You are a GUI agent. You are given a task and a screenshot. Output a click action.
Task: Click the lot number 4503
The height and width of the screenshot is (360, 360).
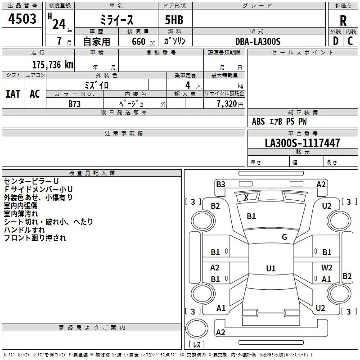click(22, 20)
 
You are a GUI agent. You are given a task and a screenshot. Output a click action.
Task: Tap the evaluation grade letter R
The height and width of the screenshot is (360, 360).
click(343, 21)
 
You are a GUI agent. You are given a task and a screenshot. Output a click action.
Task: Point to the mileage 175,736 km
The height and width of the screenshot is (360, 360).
click(53, 64)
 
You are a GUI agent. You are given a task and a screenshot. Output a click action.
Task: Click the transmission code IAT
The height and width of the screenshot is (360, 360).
click(13, 94)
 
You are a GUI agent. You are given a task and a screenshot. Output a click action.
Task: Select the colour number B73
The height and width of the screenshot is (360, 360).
click(75, 103)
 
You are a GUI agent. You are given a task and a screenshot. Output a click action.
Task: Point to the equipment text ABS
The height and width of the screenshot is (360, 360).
click(258, 121)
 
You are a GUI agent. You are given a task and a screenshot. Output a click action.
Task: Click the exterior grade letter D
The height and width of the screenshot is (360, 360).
click(335, 41)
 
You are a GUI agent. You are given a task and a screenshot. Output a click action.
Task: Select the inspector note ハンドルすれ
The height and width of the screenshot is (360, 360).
click(22, 230)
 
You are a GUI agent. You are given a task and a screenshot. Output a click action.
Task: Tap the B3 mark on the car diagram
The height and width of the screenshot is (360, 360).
click(220, 184)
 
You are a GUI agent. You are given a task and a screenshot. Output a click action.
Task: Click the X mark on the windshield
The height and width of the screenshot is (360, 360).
click(246, 197)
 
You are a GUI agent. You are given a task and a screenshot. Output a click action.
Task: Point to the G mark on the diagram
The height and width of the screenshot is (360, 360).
click(284, 237)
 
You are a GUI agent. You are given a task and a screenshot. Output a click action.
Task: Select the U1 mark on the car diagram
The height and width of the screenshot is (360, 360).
click(270, 269)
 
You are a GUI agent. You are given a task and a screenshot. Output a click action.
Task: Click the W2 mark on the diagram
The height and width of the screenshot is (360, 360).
click(327, 267)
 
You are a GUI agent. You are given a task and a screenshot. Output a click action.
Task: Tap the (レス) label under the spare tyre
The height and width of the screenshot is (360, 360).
click(197, 345)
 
